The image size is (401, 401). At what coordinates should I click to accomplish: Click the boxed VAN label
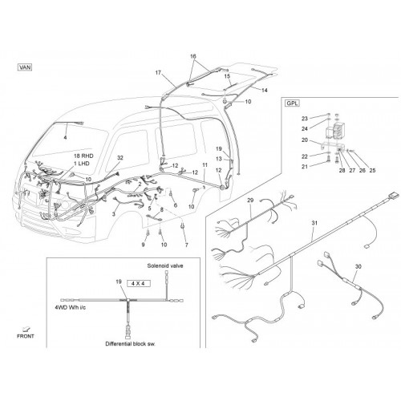tap(25, 67)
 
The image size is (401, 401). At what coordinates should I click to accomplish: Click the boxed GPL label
tap(292, 103)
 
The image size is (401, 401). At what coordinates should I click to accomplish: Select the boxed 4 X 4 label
tap(138, 283)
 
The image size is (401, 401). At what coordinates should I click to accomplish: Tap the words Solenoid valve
tap(165, 265)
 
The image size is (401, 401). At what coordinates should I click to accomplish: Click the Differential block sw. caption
tap(130, 344)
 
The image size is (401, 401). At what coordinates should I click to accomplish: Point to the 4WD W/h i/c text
tap(71, 307)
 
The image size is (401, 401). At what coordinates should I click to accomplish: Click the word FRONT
tap(26, 336)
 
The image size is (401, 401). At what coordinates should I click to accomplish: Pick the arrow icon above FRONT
tap(26, 329)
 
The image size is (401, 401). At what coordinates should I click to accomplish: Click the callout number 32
tap(120, 158)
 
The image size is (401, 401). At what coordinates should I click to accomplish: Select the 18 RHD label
tap(83, 156)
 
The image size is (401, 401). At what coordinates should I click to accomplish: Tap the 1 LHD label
tap(82, 164)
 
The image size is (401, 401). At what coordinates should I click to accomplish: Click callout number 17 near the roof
tap(158, 73)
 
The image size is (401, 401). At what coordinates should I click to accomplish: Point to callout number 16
tap(193, 56)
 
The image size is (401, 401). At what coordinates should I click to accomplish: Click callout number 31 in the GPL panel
tap(314, 223)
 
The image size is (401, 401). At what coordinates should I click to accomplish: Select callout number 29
tap(250, 200)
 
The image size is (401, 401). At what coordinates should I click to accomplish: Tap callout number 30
tap(358, 266)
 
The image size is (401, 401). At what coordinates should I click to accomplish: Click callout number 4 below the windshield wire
tap(65, 137)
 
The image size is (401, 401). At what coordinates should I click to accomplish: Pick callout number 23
tap(305, 119)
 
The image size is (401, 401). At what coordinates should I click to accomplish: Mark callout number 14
tap(265, 91)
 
